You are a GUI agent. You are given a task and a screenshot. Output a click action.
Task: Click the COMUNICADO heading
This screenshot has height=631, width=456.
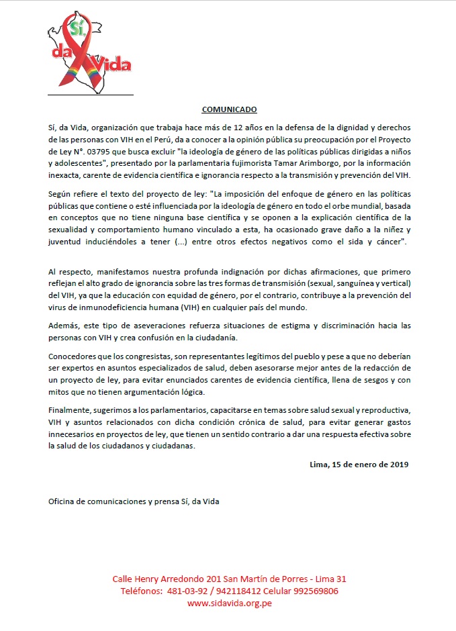point(229,109)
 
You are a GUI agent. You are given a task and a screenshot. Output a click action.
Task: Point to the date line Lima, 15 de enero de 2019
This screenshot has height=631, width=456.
point(359,464)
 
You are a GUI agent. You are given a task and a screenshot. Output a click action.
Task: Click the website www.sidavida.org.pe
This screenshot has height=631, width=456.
point(229,603)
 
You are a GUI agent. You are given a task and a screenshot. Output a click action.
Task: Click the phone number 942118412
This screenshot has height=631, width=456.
point(240,591)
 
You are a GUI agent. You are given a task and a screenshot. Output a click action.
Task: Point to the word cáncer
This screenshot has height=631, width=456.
point(387,240)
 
